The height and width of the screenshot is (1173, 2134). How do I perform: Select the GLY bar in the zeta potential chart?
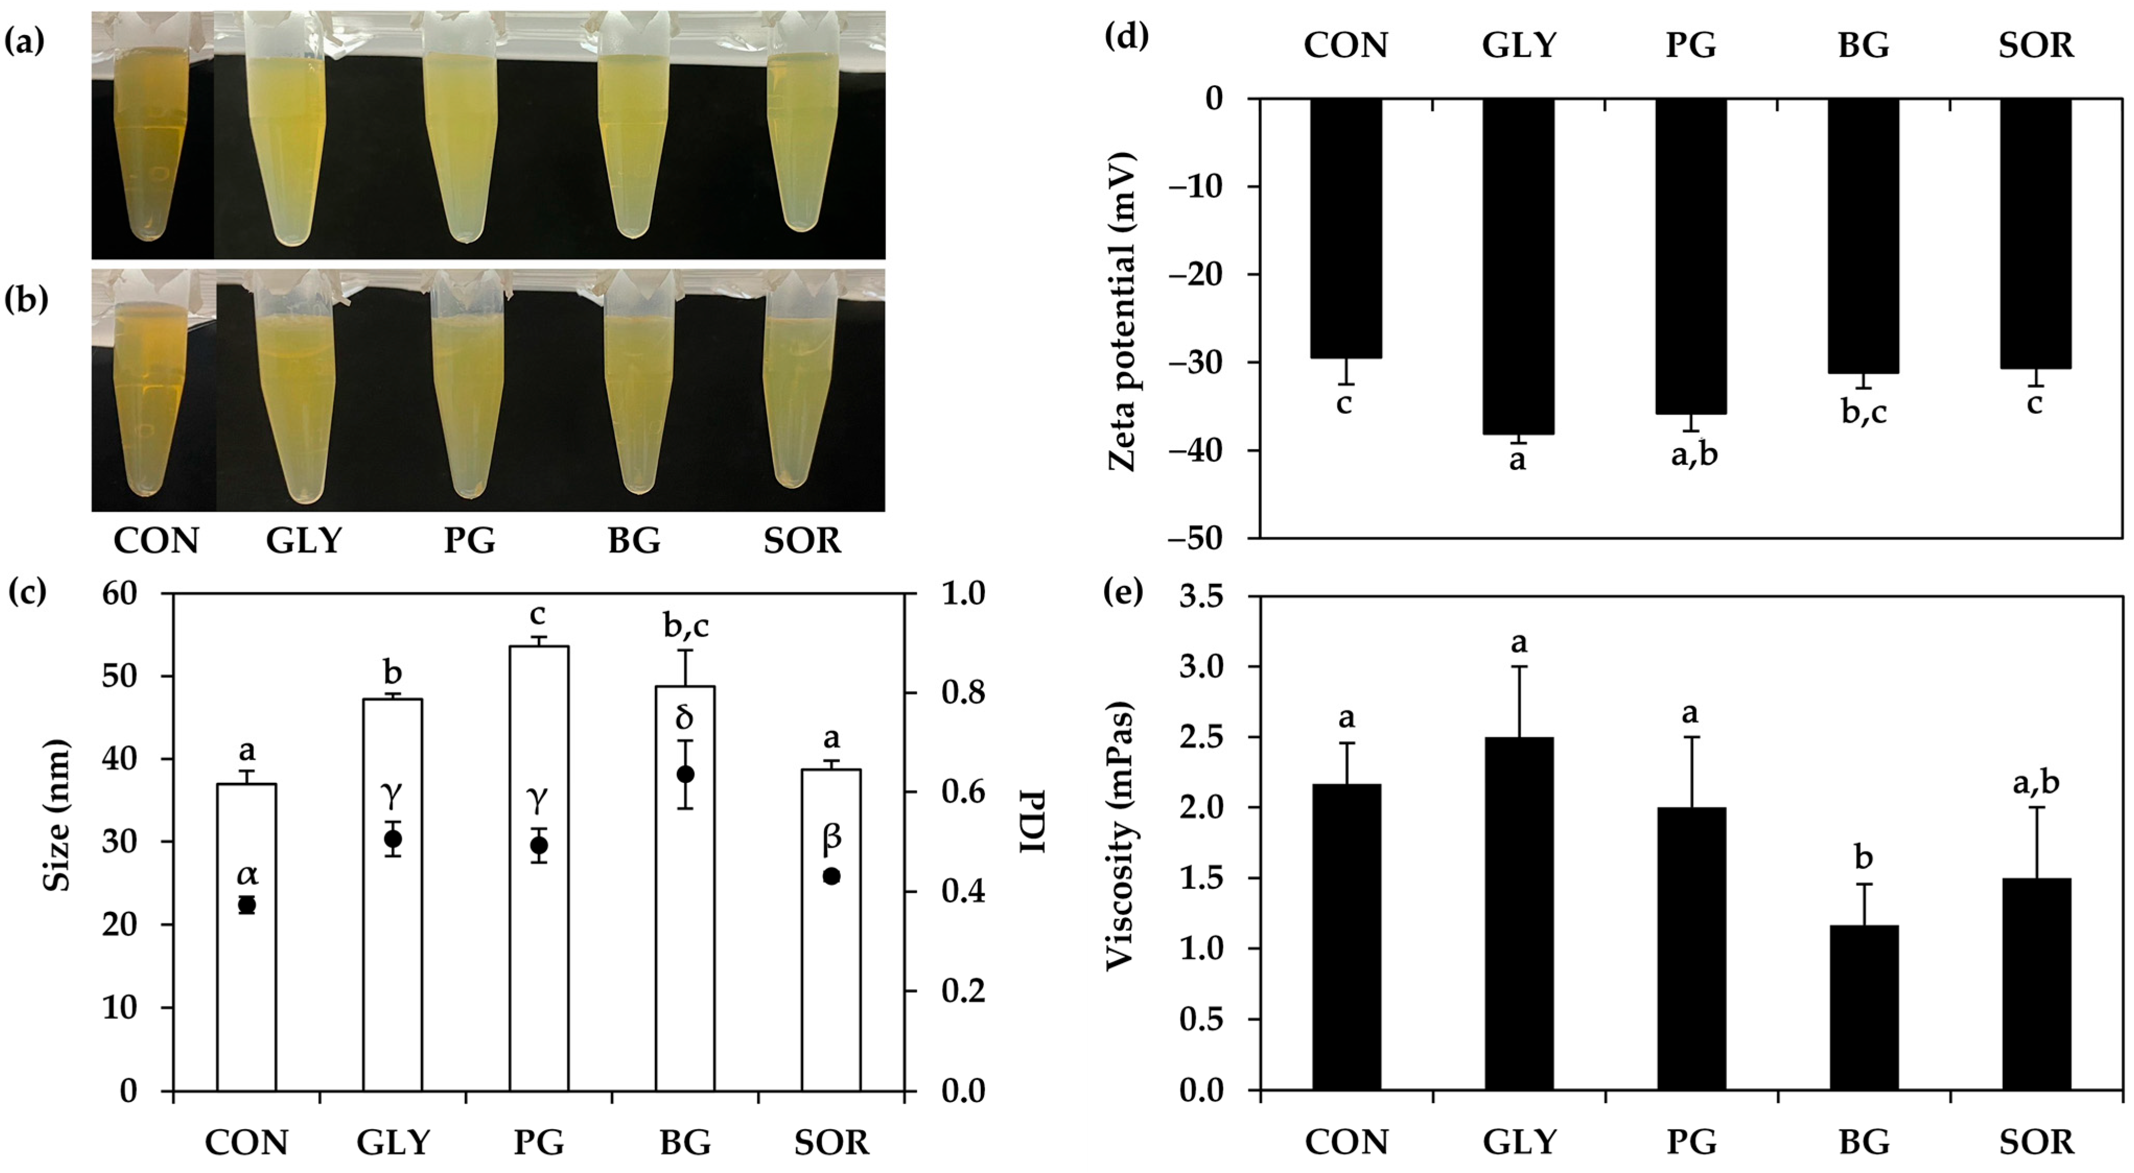(1518, 265)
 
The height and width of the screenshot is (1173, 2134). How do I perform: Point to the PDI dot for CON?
(246, 905)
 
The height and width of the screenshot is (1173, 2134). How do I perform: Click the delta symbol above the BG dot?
(684, 718)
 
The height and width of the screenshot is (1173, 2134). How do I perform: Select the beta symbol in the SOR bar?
(832, 838)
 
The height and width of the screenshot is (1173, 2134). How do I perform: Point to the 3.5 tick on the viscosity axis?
(1201, 596)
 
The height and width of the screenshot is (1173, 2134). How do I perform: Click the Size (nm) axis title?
(56, 816)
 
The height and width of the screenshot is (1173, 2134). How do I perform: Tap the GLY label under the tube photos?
(304, 541)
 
